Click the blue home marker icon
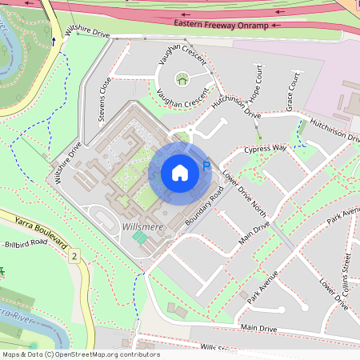(179, 173)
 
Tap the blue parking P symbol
(206, 166)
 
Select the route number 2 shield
(74, 255)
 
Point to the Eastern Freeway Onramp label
(225, 25)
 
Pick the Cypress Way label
(266, 149)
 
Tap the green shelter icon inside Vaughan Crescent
(182, 78)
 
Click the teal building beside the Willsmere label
(140, 238)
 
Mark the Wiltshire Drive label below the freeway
(87, 32)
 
